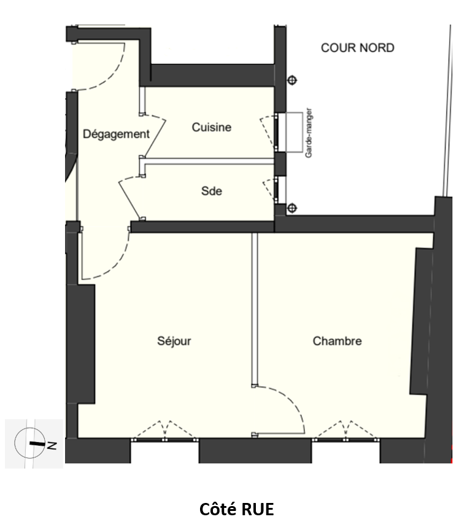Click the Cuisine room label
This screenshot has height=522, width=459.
point(212,127)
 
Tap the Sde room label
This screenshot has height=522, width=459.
point(212,191)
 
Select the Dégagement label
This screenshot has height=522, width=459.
point(116,134)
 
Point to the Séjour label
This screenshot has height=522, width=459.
point(174,341)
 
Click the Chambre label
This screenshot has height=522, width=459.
point(337,341)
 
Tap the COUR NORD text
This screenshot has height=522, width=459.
point(358,48)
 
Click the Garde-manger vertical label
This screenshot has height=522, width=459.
point(309,133)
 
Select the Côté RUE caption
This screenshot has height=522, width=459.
point(236,509)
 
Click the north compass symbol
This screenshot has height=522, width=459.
point(30,443)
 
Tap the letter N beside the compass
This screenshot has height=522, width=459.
point(52,445)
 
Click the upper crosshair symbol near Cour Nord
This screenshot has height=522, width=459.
point(292,80)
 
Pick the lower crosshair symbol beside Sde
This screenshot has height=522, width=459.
point(291,208)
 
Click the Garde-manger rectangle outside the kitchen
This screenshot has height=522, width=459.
point(295,133)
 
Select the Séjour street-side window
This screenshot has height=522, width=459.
point(164,440)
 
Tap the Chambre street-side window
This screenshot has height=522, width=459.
point(346,440)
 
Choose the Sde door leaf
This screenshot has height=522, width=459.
point(128,199)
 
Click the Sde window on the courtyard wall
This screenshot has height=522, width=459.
point(276,190)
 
